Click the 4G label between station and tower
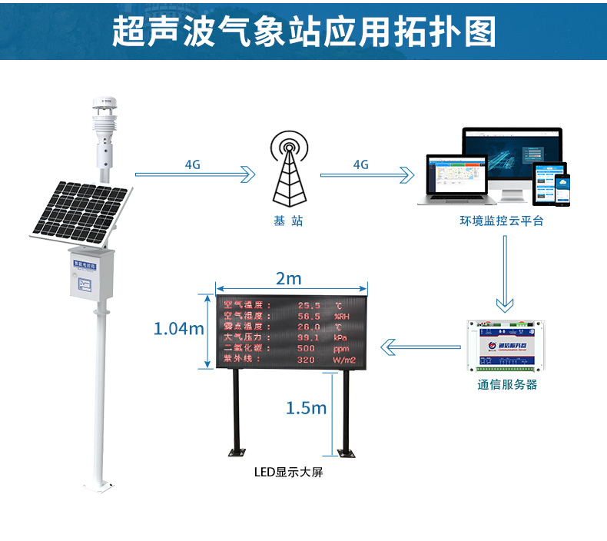(193, 164)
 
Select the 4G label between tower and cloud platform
(360, 164)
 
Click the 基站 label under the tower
(288, 221)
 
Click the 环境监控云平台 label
(502, 221)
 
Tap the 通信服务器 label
(506, 384)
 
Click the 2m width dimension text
(288, 277)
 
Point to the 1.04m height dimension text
(178, 329)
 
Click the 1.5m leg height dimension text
(306, 407)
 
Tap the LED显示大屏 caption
(288, 473)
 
